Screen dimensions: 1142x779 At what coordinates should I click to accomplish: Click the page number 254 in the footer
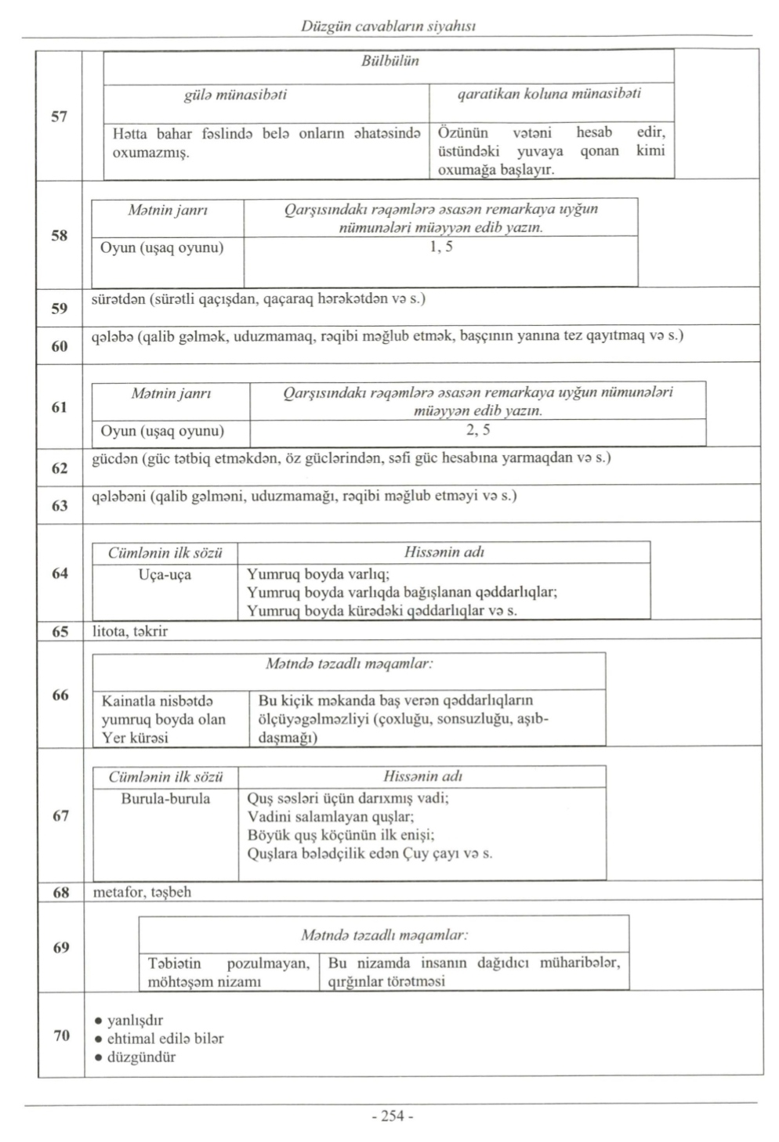[392, 1116]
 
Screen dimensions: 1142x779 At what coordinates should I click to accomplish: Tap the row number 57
[60, 117]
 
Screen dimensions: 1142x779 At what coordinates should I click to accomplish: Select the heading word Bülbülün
[389, 61]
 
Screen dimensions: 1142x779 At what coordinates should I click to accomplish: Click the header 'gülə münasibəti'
[234, 95]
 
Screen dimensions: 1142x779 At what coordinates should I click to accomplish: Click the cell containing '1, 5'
[441, 248]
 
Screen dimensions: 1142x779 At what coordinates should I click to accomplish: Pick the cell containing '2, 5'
[478, 430]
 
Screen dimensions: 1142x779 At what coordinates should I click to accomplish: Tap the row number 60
[60, 346]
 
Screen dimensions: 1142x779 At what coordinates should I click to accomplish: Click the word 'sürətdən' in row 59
[118, 299]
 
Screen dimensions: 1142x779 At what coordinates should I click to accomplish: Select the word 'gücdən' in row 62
[115, 458]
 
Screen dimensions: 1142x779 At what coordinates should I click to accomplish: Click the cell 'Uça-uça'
[165, 575]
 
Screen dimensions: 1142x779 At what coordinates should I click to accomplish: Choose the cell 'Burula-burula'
[165, 799]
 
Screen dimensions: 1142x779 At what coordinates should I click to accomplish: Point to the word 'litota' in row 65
[110, 631]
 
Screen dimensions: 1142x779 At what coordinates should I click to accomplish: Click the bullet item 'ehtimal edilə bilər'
[165, 1039]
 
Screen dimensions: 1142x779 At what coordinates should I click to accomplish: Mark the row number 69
[61, 948]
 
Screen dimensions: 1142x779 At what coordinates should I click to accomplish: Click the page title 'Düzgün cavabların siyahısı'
[389, 26]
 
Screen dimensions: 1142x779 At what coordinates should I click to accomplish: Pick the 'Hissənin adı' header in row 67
[422, 777]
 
